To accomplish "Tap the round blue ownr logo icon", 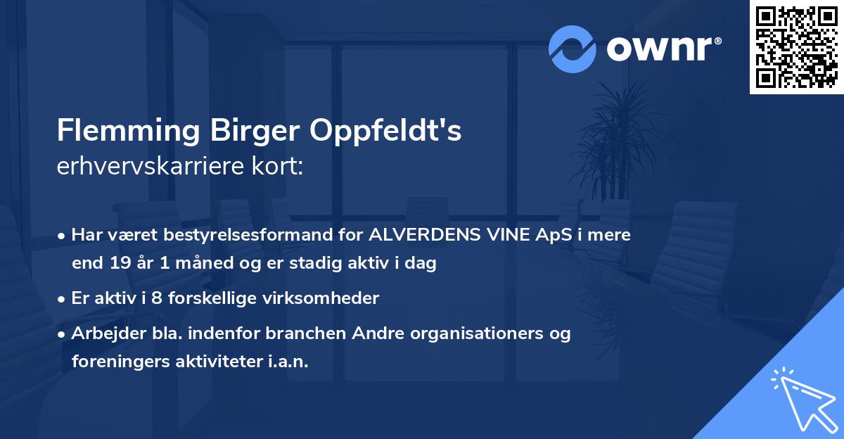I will pos(572,49).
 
